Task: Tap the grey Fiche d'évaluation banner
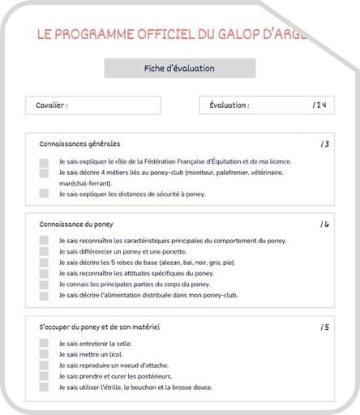(x=179, y=69)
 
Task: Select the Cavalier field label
(x=52, y=105)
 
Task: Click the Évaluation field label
(x=229, y=105)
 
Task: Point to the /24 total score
(x=319, y=105)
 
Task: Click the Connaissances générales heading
(x=79, y=143)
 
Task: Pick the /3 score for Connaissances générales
(x=324, y=144)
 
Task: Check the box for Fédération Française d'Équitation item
(x=44, y=162)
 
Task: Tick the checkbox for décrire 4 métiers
(x=44, y=173)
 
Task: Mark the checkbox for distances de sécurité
(x=44, y=194)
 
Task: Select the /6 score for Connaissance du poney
(x=324, y=224)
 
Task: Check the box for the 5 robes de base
(x=44, y=263)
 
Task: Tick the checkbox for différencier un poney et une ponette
(x=44, y=252)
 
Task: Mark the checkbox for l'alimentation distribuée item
(x=44, y=296)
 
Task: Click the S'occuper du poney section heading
(x=99, y=327)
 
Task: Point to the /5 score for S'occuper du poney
(x=324, y=327)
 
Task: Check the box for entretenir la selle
(x=44, y=344)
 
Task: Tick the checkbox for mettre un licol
(x=44, y=355)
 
